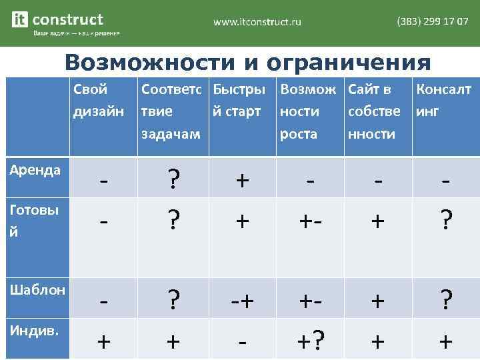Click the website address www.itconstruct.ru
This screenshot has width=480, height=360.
click(257, 22)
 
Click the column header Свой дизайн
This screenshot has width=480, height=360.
click(98, 99)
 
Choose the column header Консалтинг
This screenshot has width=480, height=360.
click(443, 99)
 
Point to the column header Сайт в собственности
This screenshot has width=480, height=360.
click(374, 111)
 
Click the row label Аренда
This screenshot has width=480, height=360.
click(35, 169)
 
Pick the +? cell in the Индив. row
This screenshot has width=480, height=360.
click(309, 342)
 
